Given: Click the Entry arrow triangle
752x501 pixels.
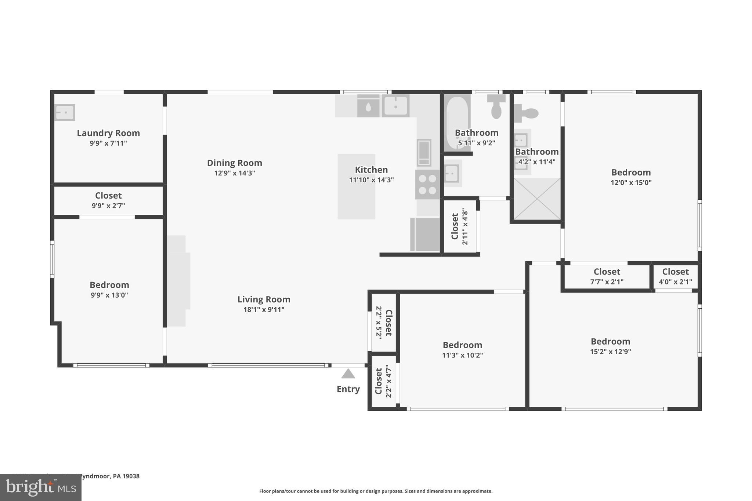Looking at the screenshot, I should [x=348, y=374].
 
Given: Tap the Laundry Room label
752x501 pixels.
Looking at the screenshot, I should [x=108, y=133].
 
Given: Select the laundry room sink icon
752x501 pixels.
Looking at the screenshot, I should [x=65, y=112].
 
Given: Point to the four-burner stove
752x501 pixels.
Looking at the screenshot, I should [x=427, y=185].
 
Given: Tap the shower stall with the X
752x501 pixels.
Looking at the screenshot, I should [x=537, y=199].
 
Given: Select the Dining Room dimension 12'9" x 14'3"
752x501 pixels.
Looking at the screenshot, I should [x=235, y=173].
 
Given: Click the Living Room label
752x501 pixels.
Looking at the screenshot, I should [x=264, y=299].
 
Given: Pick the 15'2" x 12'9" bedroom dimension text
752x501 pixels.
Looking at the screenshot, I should [x=610, y=352].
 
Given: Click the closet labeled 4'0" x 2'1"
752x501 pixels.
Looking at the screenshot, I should [x=675, y=276].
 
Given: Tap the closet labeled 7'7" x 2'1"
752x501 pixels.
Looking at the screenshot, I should [x=607, y=276].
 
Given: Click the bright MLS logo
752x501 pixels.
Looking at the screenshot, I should [x=41, y=488].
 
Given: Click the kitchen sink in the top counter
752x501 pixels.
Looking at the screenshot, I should [x=395, y=106].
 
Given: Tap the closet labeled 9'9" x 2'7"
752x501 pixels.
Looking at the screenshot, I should [x=108, y=200].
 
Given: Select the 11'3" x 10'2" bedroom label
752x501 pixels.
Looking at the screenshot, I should [x=462, y=345].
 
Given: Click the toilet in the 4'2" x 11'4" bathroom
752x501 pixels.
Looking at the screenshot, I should [x=526, y=113].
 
